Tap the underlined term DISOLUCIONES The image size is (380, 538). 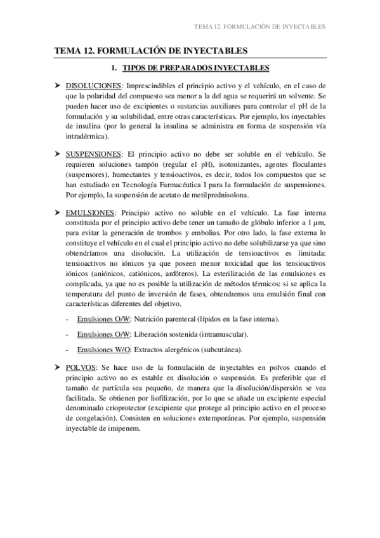[94, 85]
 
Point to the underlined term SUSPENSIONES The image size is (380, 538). [94, 154]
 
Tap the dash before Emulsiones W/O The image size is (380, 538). [68, 350]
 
